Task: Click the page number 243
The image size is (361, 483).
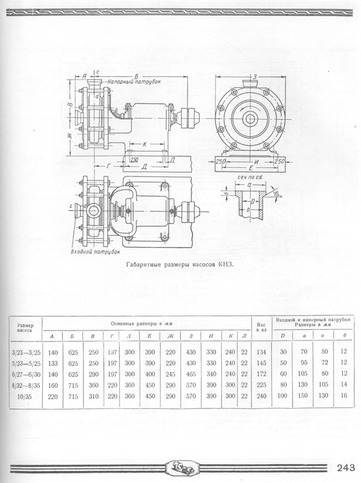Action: tap(345, 468)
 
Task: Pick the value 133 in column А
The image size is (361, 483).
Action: tap(53, 363)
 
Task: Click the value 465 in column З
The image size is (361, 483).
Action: tap(190, 375)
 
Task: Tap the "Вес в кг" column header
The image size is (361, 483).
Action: tap(261, 327)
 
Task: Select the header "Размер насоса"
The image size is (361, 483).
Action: tap(25, 328)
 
